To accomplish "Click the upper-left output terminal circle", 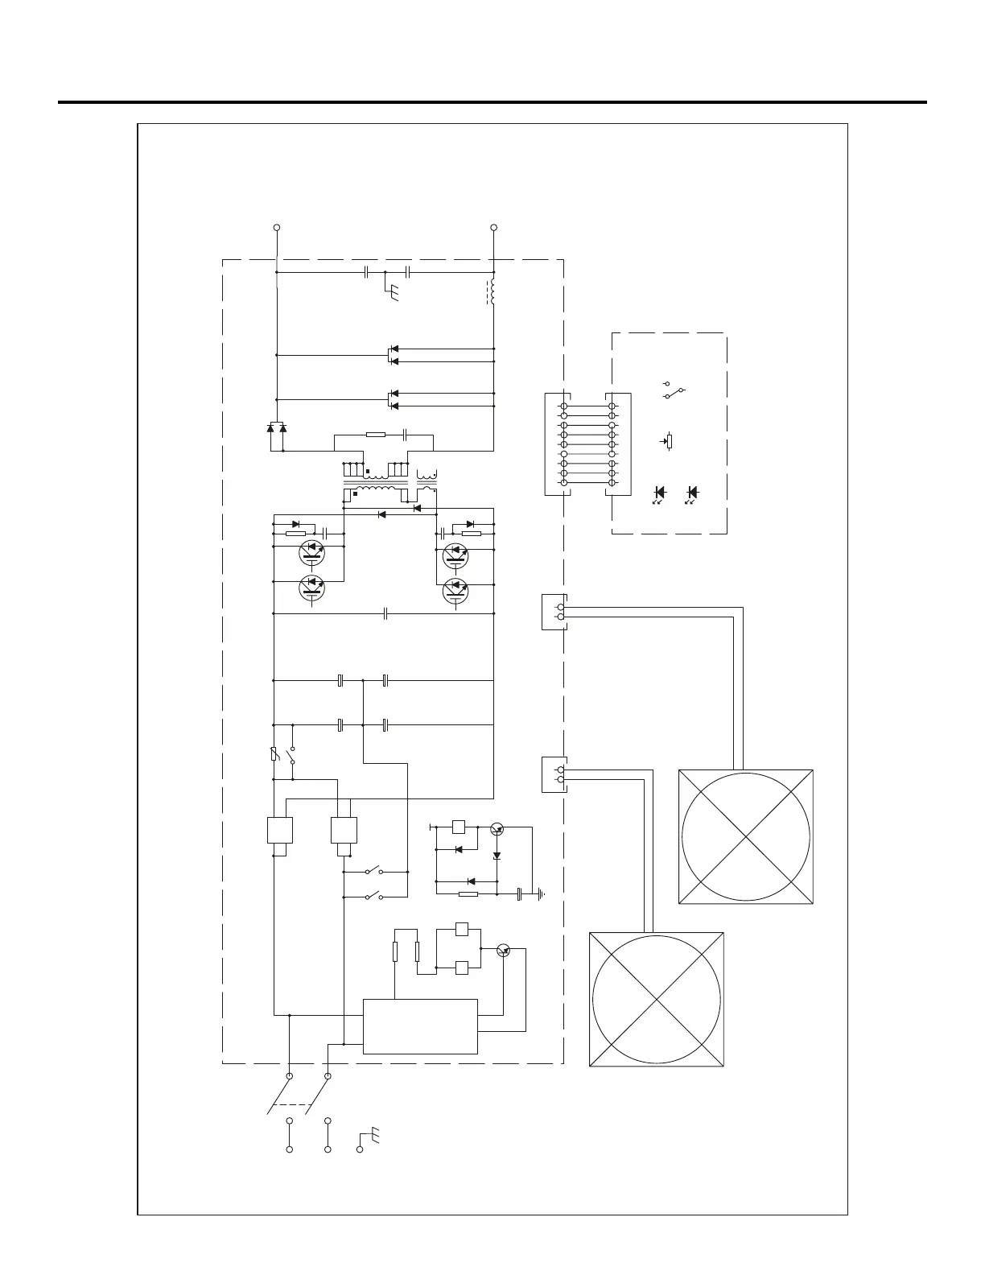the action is [x=277, y=228].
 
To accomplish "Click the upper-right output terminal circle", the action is [x=493, y=228].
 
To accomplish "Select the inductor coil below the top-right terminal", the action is [x=491, y=292].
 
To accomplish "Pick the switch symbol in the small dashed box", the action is [x=674, y=390].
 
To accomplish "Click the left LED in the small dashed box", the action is [x=659, y=493].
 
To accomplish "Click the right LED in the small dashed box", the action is [x=691, y=493].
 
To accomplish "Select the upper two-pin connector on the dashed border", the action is [x=554, y=612].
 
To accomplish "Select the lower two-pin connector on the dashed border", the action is [x=554, y=774].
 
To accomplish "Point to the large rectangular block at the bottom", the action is [x=420, y=1026].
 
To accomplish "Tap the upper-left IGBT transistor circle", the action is [x=311, y=552].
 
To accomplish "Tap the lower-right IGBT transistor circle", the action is [x=456, y=591].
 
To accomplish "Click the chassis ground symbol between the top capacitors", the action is [x=391, y=293].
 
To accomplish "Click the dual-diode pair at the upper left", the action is [x=276, y=427].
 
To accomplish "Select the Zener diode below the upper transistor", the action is [x=497, y=855].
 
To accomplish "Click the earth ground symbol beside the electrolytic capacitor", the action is [x=542, y=893].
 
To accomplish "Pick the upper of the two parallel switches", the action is [x=374, y=871].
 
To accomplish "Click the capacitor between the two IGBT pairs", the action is [x=386, y=614].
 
